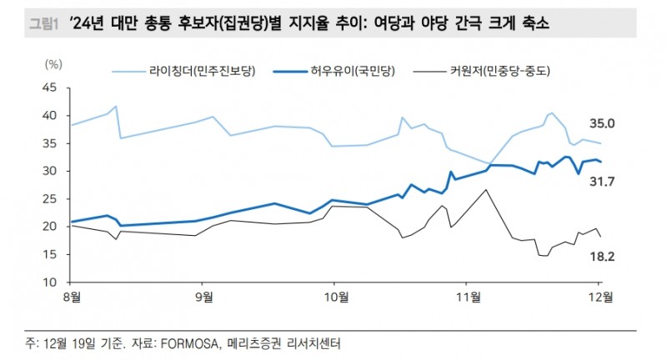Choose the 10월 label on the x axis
[333, 296]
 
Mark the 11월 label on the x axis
[467, 296]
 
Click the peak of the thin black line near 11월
[486, 190]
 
